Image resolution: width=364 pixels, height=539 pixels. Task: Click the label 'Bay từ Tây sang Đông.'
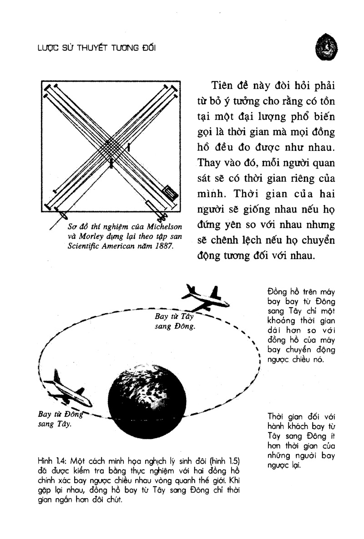coord(175,321)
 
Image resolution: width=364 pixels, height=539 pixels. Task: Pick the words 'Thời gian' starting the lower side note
coord(285,416)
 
